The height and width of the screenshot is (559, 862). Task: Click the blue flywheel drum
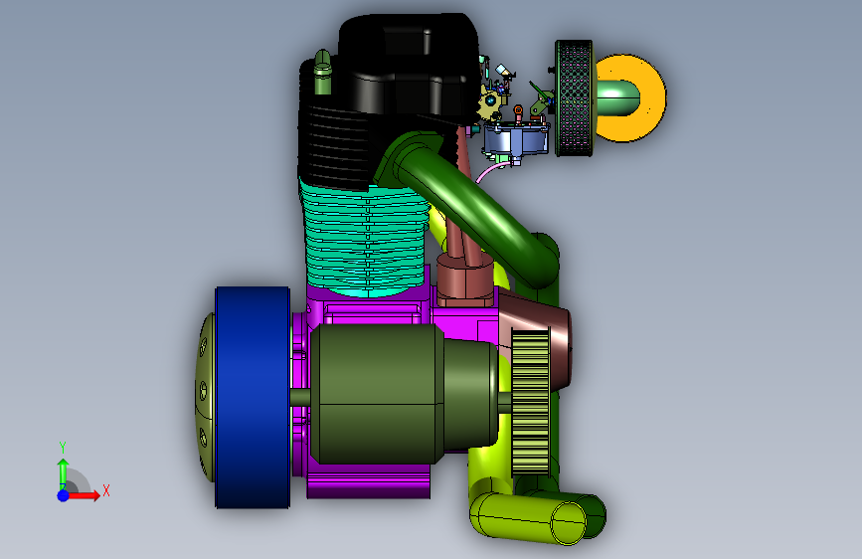coord(253,397)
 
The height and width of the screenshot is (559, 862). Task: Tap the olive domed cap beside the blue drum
coord(205,397)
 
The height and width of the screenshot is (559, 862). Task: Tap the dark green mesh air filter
coord(574,97)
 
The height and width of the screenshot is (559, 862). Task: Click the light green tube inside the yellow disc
coord(616,97)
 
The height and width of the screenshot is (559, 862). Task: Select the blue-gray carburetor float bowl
coord(516,139)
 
